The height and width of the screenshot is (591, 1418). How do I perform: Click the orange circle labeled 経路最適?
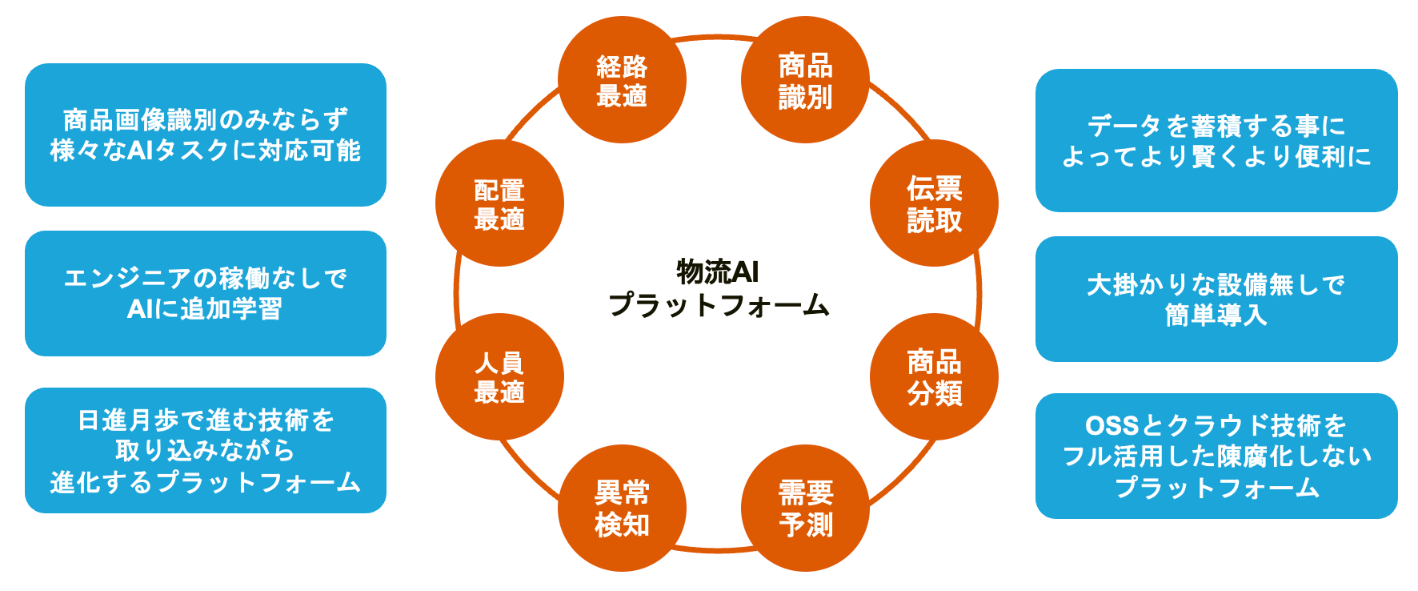pyautogui.click(x=622, y=80)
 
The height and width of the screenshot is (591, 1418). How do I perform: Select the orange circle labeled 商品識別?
pyautogui.click(x=805, y=80)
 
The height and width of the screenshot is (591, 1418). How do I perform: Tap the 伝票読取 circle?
pyautogui.click(x=934, y=203)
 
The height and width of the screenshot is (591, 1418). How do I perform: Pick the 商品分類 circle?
pyautogui.click(x=934, y=376)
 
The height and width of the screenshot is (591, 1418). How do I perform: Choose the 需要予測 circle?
pyautogui.click(x=805, y=508)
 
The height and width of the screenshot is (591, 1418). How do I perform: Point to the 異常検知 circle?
pyautogui.click(x=622, y=508)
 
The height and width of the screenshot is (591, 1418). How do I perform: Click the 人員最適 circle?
pyautogui.click(x=499, y=376)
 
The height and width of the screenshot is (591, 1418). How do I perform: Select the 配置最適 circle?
pyautogui.click(x=499, y=203)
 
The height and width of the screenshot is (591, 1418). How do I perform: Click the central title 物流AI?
pyautogui.click(x=718, y=272)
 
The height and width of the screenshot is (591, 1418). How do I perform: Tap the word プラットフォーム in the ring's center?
pyautogui.click(x=718, y=305)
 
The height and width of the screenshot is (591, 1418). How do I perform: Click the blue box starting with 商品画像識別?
pyautogui.click(x=206, y=135)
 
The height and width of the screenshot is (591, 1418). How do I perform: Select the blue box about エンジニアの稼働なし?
pyautogui.click(x=206, y=293)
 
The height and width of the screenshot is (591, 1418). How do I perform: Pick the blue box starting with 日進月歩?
pyautogui.click(x=206, y=450)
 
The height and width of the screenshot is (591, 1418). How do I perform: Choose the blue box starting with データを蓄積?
pyautogui.click(x=1216, y=140)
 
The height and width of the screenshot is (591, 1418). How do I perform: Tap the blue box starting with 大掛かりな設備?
pyautogui.click(x=1216, y=299)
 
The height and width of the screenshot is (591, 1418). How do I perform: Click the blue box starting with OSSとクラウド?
pyautogui.click(x=1216, y=456)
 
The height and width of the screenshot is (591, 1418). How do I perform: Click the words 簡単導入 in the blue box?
pyautogui.click(x=1216, y=315)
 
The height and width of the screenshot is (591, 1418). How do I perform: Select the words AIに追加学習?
pyautogui.click(x=205, y=309)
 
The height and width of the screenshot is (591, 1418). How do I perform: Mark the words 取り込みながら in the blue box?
pyautogui.click(x=205, y=451)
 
